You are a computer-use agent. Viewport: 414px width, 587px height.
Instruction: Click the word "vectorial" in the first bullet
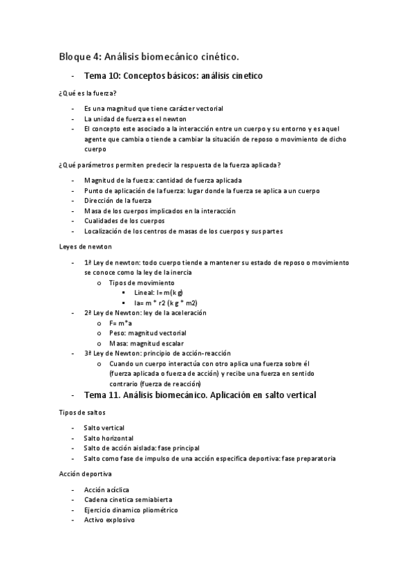209,109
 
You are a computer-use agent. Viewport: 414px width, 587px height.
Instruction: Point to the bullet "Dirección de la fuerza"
117,200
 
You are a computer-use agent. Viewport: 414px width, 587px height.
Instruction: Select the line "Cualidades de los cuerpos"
124,221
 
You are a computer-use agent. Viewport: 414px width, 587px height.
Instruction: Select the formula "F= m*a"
122,323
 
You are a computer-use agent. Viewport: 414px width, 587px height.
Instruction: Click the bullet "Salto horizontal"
109,438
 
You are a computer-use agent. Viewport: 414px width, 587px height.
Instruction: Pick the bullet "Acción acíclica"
106,489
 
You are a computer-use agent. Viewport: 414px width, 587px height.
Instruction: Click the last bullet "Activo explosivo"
109,520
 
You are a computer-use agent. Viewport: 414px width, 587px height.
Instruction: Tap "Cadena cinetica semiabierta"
128,500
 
